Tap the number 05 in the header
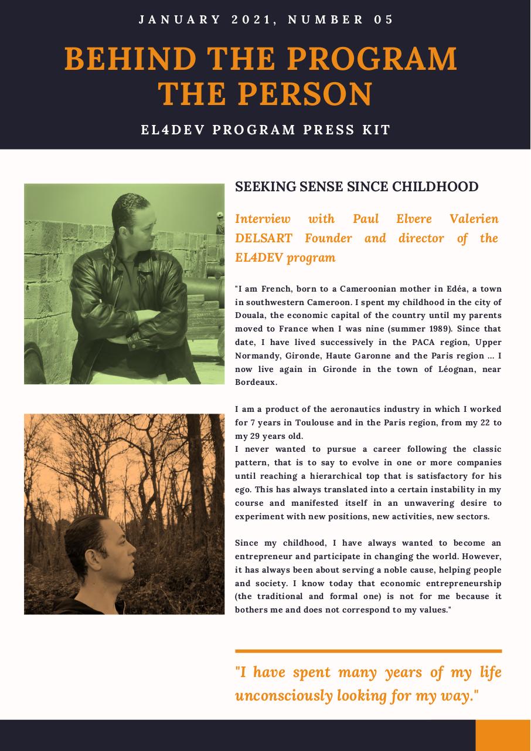tap(383, 20)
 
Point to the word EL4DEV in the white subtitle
tap(173, 130)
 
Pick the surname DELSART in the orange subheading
tap(264, 238)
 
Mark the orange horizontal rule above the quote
tap(368, 651)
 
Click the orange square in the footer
tap(503, 735)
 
